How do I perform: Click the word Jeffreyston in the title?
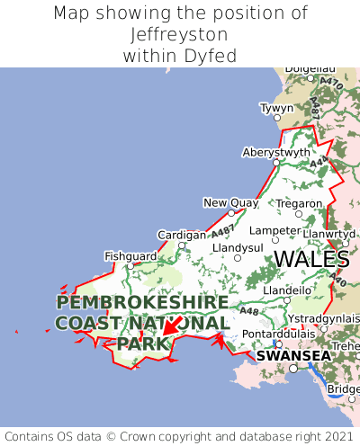(179, 34)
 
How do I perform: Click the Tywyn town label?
(276, 108)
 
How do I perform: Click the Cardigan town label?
(181, 235)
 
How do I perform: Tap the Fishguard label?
(130, 255)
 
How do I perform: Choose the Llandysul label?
(238, 247)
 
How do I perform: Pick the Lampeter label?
(274, 230)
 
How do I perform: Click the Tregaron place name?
(299, 203)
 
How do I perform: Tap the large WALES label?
(311, 260)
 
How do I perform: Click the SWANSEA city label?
(292, 356)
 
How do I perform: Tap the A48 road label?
(249, 312)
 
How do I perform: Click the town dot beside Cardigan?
(181, 245)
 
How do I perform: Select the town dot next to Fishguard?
(130, 265)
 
